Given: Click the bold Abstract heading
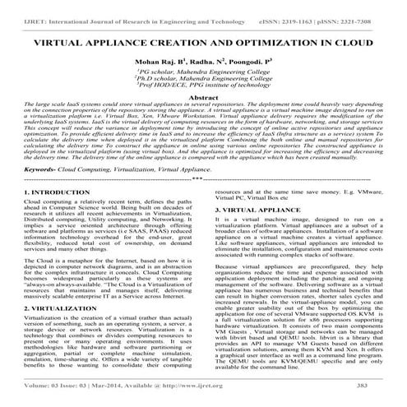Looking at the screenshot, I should [203, 121].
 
